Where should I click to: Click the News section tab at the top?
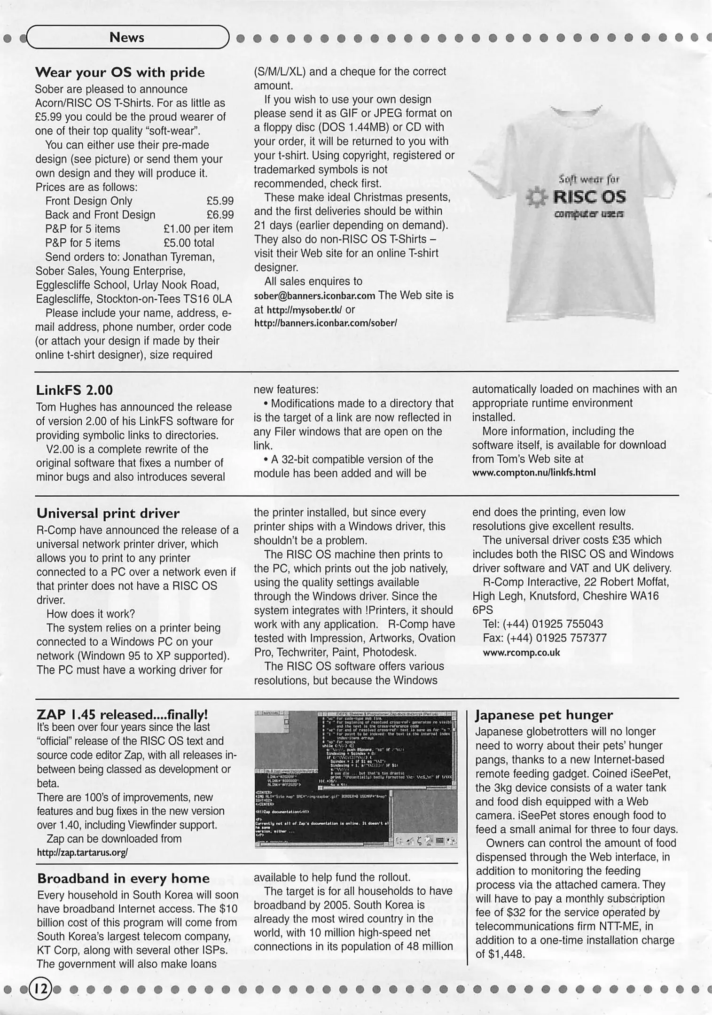tap(127, 38)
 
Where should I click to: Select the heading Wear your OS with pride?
tap(120, 72)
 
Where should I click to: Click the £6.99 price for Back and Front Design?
tap(220, 215)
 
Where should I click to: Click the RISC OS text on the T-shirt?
tap(589, 196)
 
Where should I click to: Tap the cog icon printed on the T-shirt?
tap(536, 197)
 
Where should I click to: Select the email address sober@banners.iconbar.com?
tap(314, 296)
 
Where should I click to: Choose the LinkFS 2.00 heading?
tap(75, 390)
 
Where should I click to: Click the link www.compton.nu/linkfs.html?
tap(533, 472)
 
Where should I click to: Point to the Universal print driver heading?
tap(108, 513)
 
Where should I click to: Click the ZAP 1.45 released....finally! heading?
tap(122, 715)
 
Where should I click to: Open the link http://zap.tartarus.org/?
tap(82, 852)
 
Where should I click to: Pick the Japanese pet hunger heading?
tap(544, 715)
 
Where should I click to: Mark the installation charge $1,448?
tap(506, 954)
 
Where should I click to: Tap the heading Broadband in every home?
tap(123, 878)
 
